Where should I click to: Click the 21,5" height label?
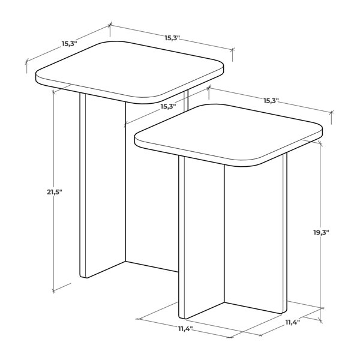pyautogui.click(x=55, y=192)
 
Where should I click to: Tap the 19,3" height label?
pyautogui.click(x=321, y=232)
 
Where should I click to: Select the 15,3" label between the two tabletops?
pyautogui.click(x=168, y=106)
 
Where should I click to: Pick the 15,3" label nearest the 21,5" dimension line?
pyautogui.click(x=69, y=43)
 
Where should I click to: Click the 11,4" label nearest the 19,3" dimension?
pyautogui.click(x=293, y=322)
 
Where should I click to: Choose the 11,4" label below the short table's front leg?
pyautogui.click(x=185, y=329)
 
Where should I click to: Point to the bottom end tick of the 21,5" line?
pyautogui.click(x=53, y=291)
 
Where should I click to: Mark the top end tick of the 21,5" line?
pyautogui.click(x=53, y=92)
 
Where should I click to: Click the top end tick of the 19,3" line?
pyautogui.click(x=320, y=144)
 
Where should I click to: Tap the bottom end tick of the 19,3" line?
pyautogui.click(x=321, y=308)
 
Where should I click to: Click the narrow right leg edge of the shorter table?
pyautogui.click(x=285, y=233)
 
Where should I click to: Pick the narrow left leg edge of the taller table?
pyautogui.click(x=83, y=185)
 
